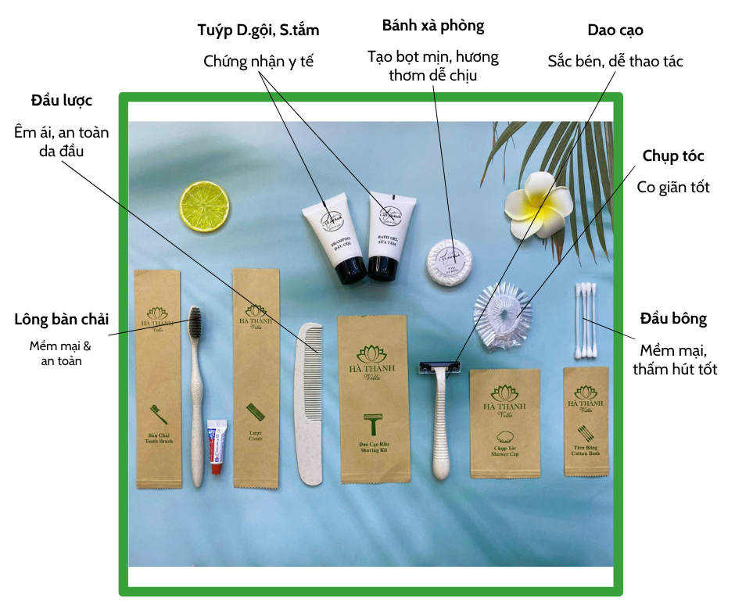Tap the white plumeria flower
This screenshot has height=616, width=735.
539,206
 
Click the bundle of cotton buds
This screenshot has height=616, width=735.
585,321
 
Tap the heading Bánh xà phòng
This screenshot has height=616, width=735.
433,25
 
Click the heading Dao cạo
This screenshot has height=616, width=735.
615,30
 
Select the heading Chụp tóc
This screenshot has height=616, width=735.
673,156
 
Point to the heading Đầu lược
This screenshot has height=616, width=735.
62,101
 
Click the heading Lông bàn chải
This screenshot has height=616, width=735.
61,320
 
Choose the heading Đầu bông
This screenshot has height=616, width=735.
673,319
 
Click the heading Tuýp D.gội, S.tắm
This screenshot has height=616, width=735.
258,30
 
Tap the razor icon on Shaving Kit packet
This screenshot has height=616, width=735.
374,424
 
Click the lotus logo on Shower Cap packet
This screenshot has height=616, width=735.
504,391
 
